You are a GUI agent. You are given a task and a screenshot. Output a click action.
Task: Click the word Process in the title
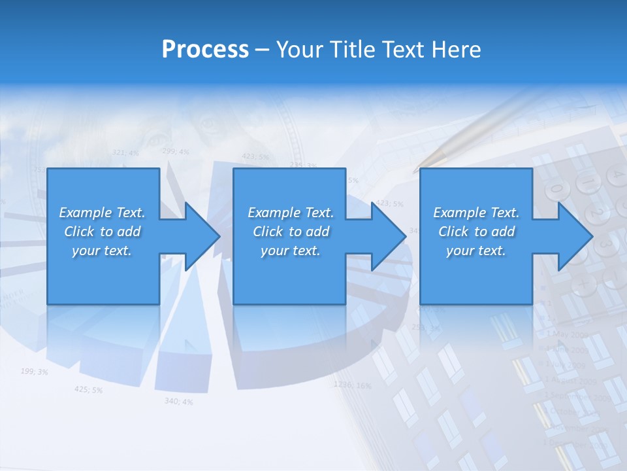tap(205, 50)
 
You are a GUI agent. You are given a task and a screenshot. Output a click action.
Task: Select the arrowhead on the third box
tap(574, 236)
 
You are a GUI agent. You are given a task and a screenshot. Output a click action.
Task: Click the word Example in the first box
tap(85, 213)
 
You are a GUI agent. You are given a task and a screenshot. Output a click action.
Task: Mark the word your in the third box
tap(459, 251)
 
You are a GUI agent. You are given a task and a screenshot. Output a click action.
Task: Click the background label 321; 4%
tap(125, 152)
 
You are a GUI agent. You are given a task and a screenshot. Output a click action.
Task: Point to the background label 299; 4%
tap(176, 152)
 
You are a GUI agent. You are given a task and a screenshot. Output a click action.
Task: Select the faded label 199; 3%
tap(34, 372)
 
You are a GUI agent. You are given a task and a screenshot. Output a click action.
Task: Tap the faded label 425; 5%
tap(88, 389)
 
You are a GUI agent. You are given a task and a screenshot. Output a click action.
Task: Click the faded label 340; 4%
tap(178, 401)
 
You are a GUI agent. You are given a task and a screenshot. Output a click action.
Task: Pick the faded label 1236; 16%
tap(352, 385)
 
